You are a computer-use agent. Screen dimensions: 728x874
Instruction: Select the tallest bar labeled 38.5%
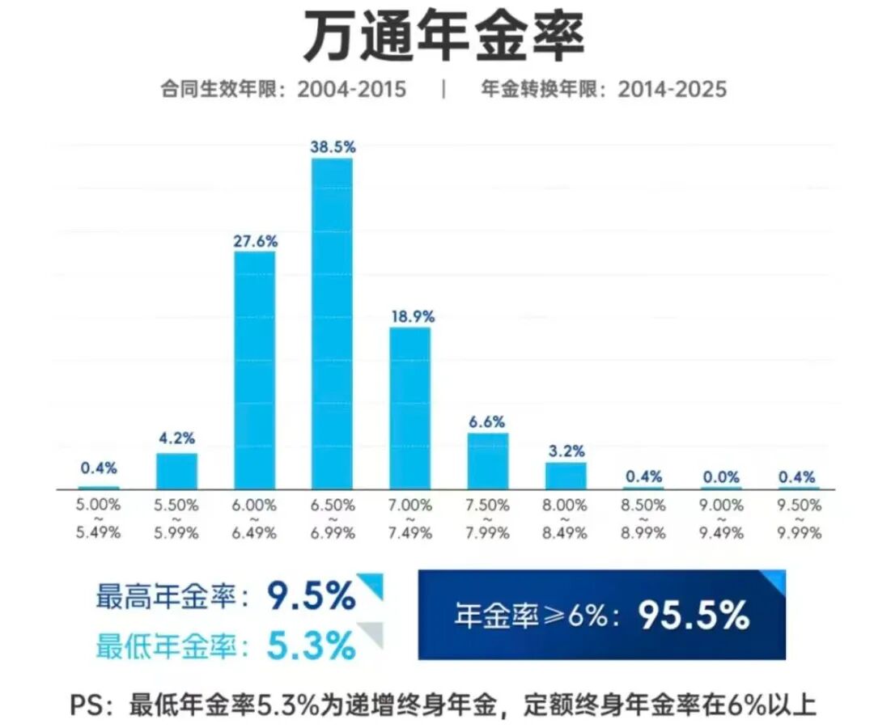coord(333,324)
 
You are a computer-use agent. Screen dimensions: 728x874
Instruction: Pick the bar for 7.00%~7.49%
coord(410,408)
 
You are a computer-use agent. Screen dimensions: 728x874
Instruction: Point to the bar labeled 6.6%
coord(488,460)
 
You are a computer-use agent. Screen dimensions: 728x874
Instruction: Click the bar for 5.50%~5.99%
coord(176,471)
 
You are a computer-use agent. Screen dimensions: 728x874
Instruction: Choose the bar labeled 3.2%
coord(566,476)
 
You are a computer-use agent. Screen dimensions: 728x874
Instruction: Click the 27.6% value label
coord(255,240)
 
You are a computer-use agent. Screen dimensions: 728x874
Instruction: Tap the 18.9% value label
coord(412,316)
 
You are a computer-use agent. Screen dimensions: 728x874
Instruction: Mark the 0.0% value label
coord(721,476)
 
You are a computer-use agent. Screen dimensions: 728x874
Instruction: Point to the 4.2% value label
coord(176,439)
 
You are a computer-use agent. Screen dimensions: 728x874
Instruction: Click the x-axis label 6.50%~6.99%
coord(333,518)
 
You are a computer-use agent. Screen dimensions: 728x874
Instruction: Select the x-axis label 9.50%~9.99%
coord(800,518)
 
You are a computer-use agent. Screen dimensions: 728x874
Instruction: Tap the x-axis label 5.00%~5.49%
coord(98,518)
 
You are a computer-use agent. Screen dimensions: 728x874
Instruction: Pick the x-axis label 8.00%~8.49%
coord(566,518)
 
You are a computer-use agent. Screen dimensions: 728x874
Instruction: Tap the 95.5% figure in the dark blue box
coord(694,616)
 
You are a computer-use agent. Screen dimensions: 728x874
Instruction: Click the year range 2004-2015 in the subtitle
coord(351,89)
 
